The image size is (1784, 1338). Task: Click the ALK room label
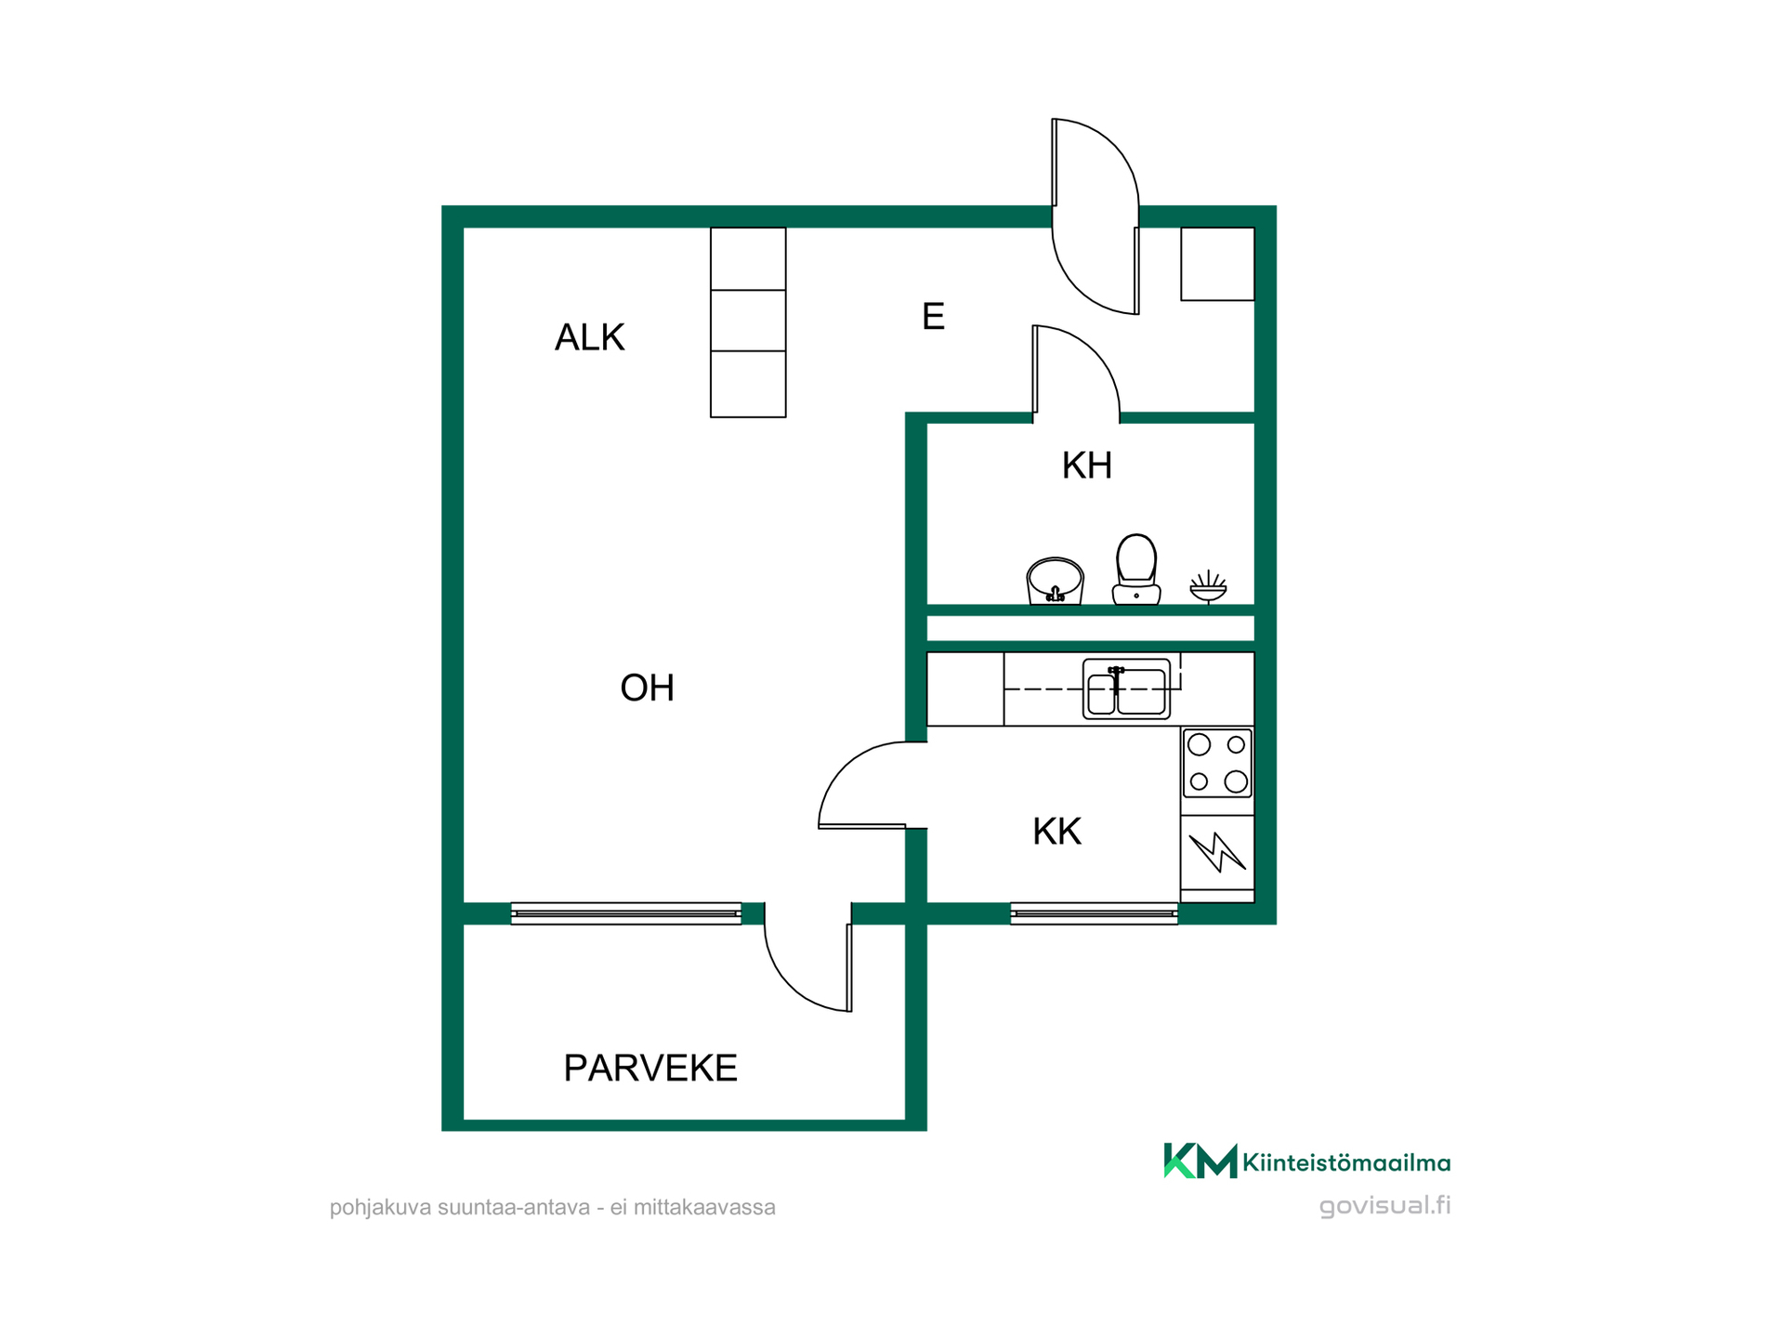pyautogui.click(x=589, y=337)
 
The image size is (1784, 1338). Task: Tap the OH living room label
pyautogui.click(x=647, y=688)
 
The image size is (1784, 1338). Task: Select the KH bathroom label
pyautogui.click(x=1086, y=465)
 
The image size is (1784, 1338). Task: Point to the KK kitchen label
pyautogui.click(x=1056, y=832)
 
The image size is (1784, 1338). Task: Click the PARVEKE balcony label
pyautogui.click(x=650, y=1068)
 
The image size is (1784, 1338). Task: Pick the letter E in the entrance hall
pyautogui.click(x=933, y=317)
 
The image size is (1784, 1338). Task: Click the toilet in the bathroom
pyautogui.click(x=1135, y=569)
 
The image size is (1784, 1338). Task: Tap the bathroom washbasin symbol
pyautogui.click(x=1055, y=581)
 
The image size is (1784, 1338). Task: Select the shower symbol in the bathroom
pyautogui.click(x=1208, y=587)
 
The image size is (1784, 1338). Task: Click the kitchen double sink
pyautogui.click(x=1126, y=689)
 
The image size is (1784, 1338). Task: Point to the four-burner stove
pyautogui.click(x=1217, y=763)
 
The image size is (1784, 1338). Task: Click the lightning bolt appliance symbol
pyautogui.click(x=1217, y=851)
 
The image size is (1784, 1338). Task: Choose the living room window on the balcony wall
pyautogui.click(x=626, y=913)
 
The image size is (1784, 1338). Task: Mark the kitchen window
pyautogui.click(x=1094, y=913)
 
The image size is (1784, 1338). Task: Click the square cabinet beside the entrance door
pyautogui.click(x=1217, y=264)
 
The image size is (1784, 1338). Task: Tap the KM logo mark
pyautogui.click(x=1200, y=1161)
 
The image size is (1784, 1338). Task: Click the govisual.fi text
pyautogui.click(x=1384, y=1206)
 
